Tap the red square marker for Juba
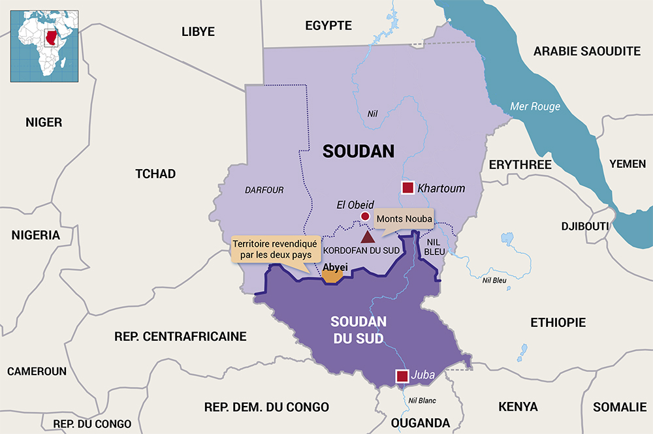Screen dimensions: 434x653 [402, 376]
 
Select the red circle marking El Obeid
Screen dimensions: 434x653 [365, 216]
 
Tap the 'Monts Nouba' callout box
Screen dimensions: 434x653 [404, 219]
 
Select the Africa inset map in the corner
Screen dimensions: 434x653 [44, 45]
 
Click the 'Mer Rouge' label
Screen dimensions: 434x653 [535, 106]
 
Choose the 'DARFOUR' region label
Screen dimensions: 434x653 [264, 191]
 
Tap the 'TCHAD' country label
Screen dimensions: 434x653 [155, 174]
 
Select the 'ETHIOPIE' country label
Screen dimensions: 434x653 [558, 322]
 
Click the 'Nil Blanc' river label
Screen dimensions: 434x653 [421, 401]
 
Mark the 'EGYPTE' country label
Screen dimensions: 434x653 [328, 26]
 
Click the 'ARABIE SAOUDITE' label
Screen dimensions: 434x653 [587, 51]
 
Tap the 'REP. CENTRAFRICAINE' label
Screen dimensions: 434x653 [180, 337]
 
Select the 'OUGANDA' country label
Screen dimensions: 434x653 [421, 423]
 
